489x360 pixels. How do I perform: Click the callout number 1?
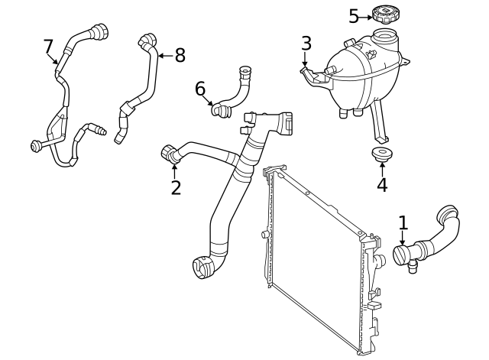pyautogui.click(x=403, y=222)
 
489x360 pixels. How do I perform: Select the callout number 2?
pyautogui.click(x=176, y=187)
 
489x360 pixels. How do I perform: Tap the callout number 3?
pyautogui.click(x=306, y=43)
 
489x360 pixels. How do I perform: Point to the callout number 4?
pyautogui.click(x=381, y=184)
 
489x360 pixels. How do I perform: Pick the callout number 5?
pyautogui.click(x=354, y=16)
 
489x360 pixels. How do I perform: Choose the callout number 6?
pyautogui.click(x=200, y=89)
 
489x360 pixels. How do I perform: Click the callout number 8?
pyautogui.click(x=180, y=55)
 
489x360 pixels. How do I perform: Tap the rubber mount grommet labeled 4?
pyautogui.click(x=381, y=156)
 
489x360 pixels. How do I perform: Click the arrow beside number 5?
pyautogui.click(x=365, y=16)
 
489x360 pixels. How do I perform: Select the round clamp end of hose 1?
pyautogui.click(x=403, y=254)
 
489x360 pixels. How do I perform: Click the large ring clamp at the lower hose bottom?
pyautogui.click(x=204, y=268)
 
